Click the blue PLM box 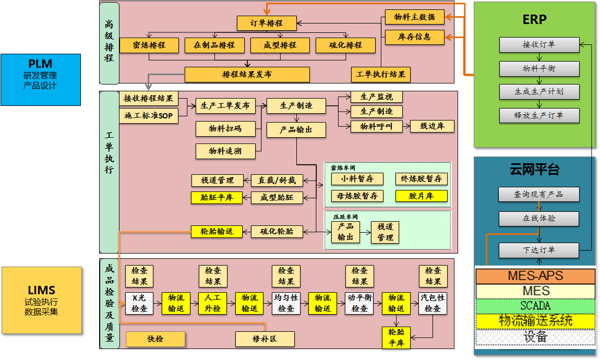pyautogui.click(x=41, y=79)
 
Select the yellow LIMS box pyautogui.click(x=41, y=300)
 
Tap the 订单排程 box pyautogui.click(x=267, y=23)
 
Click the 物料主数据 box pyautogui.click(x=415, y=17)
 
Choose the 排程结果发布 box pyautogui.click(x=247, y=74)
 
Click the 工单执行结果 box pyautogui.click(x=381, y=74)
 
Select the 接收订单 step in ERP pyautogui.click(x=539, y=45)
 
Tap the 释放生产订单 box pyautogui.click(x=539, y=115)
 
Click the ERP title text pyautogui.click(x=535, y=20)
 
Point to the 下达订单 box pyautogui.click(x=539, y=250)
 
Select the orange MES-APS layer pyautogui.click(x=535, y=276)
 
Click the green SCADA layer pyautogui.click(x=535, y=306)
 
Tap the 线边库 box pyautogui.click(x=432, y=126)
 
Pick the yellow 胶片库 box pyautogui.click(x=421, y=196)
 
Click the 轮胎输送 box pyautogui.click(x=217, y=231)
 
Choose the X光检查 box pyautogui.click(x=139, y=303)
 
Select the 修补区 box pyautogui.click(x=265, y=339)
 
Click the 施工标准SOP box pyautogui.click(x=149, y=116)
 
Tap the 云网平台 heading pyautogui.click(x=535, y=169)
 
